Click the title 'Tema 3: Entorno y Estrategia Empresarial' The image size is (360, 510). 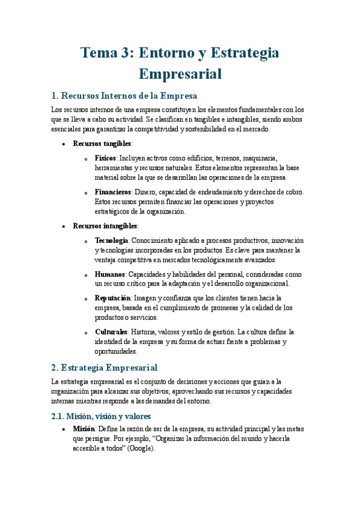pos(180,63)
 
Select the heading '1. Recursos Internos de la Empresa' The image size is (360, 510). pos(124,96)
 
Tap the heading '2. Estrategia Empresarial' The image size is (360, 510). pos(105,367)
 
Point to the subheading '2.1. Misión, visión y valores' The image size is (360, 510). pos(101,416)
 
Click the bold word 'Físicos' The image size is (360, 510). pos(106,158)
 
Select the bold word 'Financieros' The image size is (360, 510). pos(113,192)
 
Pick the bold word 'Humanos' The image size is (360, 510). pos(109,274)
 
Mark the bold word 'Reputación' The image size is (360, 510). pos(113,298)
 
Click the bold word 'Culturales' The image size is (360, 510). pos(111,332)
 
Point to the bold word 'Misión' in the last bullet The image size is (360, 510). pos(84,429)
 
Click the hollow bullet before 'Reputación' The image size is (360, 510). pos(88,298)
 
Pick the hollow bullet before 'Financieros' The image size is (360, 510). pos(88,192)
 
